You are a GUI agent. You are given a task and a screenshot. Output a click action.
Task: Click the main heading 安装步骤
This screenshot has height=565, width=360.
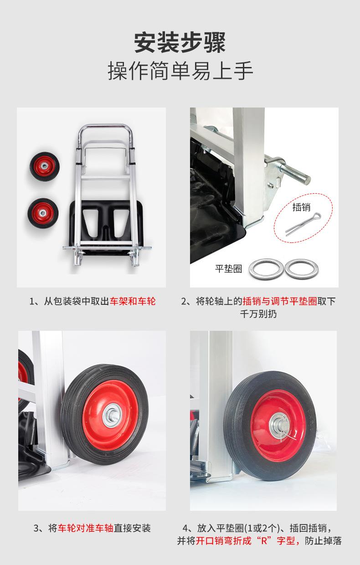tap(180, 42)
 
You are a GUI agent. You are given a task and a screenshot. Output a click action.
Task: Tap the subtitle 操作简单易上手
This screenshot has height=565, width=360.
tap(180, 71)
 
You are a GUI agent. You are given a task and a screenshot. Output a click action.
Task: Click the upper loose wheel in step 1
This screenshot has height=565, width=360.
tap(45, 166)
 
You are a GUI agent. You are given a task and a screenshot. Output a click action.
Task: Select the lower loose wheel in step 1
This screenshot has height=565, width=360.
tap(43, 213)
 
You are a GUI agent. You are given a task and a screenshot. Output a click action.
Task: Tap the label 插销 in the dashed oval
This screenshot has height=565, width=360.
tap(301, 207)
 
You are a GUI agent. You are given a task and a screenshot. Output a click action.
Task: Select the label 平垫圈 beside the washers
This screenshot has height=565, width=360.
tap(228, 269)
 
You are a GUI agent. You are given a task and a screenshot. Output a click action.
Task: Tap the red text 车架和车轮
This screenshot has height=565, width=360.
tap(133, 301)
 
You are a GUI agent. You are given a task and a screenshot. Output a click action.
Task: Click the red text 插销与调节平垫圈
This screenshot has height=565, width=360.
tap(280, 301)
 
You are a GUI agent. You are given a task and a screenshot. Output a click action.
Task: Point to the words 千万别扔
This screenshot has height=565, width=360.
tap(258, 314)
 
